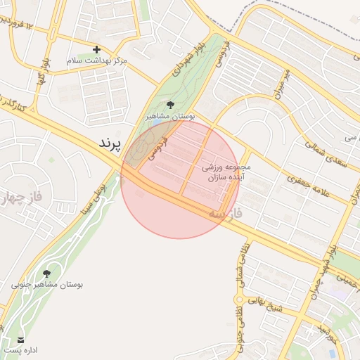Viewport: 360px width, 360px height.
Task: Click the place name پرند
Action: (110, 143)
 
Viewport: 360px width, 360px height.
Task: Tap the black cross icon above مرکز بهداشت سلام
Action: (96, 49)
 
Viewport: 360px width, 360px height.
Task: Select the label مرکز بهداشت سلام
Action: (97, 61)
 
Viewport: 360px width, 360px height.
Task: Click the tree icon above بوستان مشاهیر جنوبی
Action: (47, 273)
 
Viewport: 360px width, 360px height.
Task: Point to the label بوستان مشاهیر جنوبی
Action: (47, 285)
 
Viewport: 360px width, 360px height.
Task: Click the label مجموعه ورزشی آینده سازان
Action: (227, 173)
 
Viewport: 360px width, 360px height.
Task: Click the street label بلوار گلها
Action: (41, 72)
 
